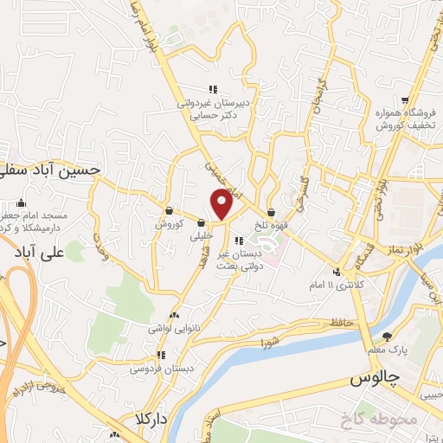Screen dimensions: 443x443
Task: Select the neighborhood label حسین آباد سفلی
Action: tap(52, 172)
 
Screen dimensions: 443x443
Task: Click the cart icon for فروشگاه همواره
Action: tap(405, 100)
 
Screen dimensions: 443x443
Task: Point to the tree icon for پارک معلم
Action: tap(386, 336)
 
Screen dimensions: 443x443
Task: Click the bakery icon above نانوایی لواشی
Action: tap(176, 316)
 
